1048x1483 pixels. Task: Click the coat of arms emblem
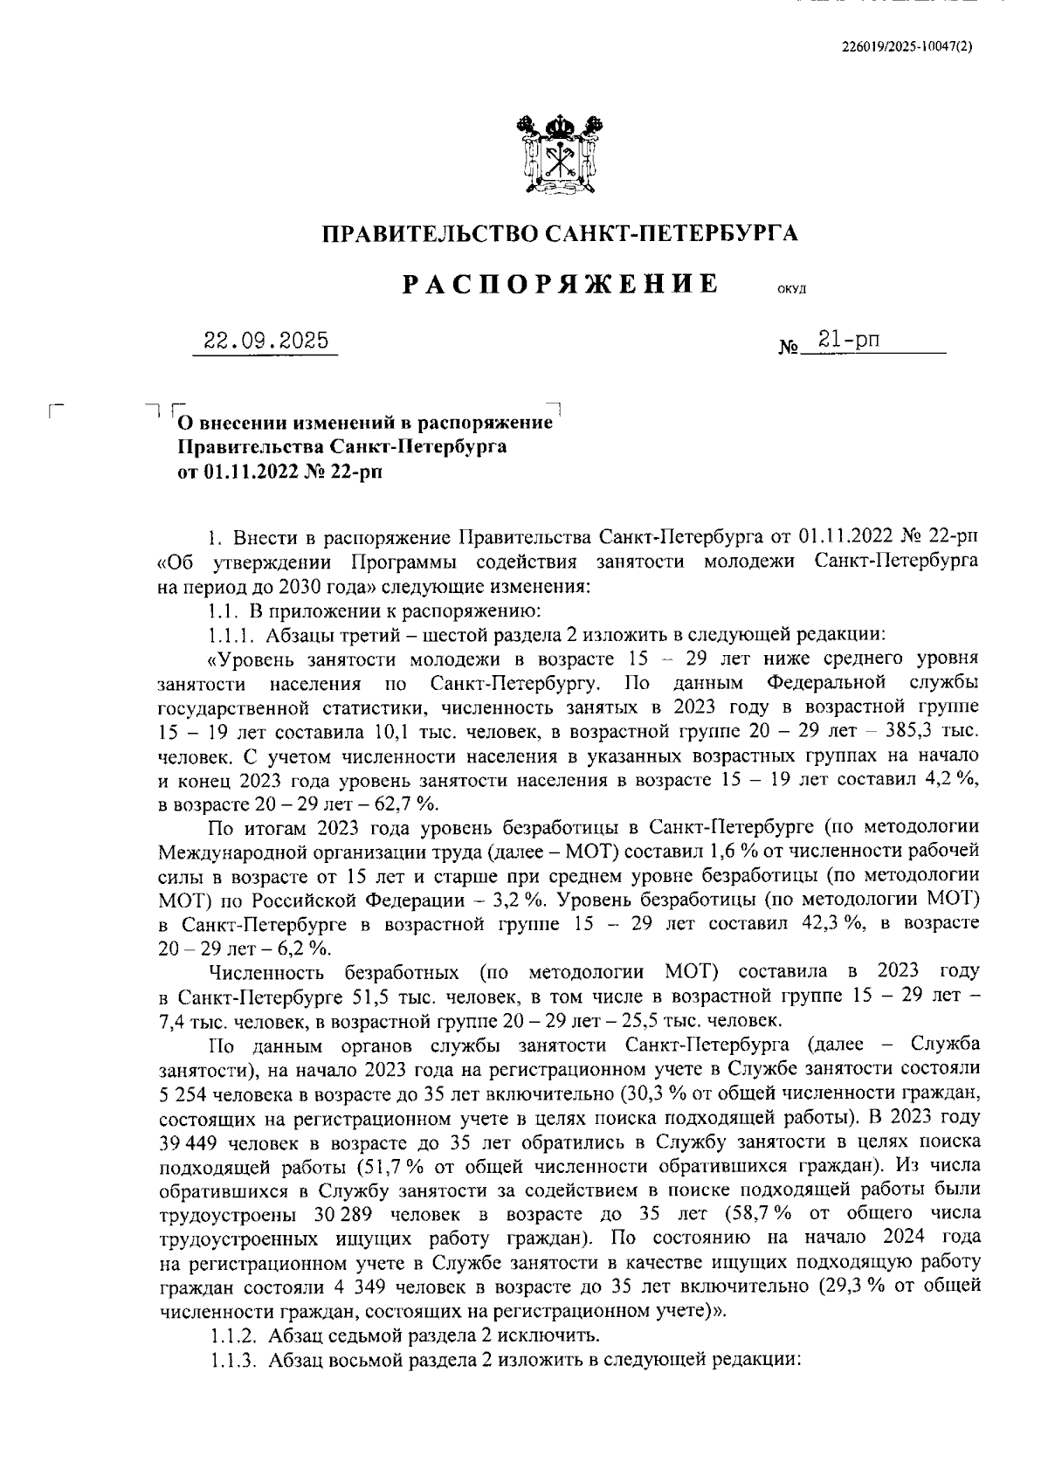[x=561, y=156]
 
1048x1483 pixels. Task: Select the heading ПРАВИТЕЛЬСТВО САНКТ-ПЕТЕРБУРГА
[x=561, y=233]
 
